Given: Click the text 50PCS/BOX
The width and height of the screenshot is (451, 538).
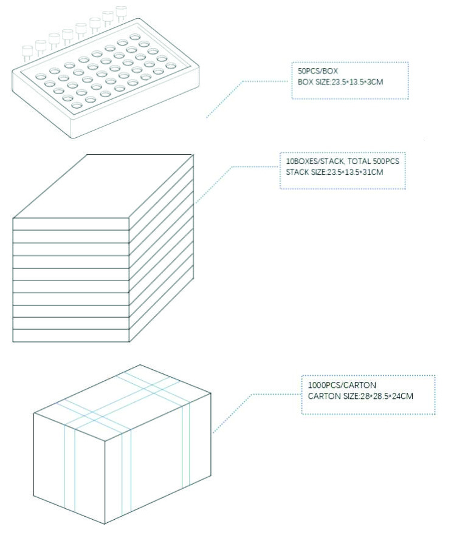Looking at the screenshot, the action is [x=318, y=71].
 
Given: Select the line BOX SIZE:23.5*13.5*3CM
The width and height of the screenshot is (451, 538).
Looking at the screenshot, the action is [x=340, y=82].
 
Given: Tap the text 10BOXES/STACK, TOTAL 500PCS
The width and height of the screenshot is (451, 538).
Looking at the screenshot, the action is [x=342, y=162].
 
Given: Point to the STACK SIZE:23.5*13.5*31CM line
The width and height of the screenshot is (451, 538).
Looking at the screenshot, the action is [x=334, y=172].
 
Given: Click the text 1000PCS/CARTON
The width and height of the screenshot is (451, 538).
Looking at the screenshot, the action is [x=342, y=385].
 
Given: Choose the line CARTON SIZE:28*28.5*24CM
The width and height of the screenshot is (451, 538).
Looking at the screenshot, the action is [x=360, y=397].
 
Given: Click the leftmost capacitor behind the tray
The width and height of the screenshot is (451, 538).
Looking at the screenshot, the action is [x=27, y=53].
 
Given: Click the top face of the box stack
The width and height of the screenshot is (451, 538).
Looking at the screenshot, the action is [x=103, y=186].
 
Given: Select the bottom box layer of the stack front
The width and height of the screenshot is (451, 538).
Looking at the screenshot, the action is [x=71, y=336].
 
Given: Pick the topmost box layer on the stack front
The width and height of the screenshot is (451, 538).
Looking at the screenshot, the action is [x=71, y=224].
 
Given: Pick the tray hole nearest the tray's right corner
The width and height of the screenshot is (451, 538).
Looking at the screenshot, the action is [x=171, y=66].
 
